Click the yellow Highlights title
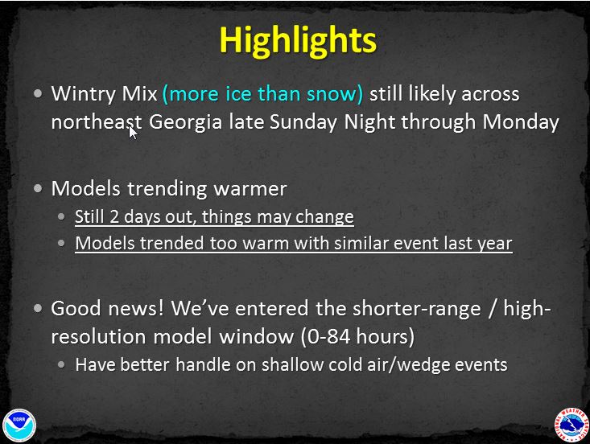[x=298, y=41]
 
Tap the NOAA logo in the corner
[x=19, y=425]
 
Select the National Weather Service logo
[x=571, y=425]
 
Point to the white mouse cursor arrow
[x=133, y=133]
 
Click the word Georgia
[x=185, y=123]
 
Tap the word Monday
[x=521, y=122]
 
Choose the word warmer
[x=250, y=188]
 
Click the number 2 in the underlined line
[x=114, y=216]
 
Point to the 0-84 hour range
[x=357, y=336]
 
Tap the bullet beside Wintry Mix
[x=38, y=93]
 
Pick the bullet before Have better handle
[x=62, y=364]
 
